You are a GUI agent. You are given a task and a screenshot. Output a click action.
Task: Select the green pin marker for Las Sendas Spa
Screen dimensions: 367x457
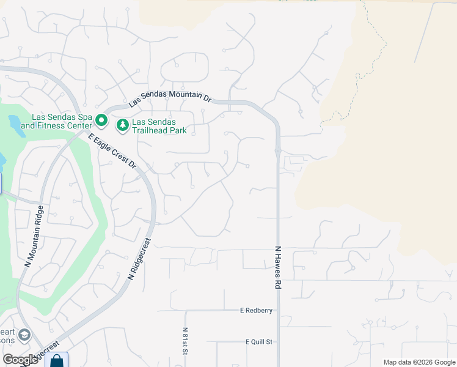coord(101,120)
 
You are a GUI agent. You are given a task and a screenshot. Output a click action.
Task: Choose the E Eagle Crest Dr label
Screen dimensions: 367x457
coord(112,150)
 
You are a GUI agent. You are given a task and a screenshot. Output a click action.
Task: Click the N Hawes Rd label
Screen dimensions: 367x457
coord(278,268)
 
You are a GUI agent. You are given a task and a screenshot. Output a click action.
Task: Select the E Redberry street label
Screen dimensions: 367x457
coord(256,311)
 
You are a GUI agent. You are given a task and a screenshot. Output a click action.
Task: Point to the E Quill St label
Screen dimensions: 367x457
coord(258,342)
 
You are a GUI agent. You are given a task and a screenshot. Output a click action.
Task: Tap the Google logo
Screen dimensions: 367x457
coord(20,360)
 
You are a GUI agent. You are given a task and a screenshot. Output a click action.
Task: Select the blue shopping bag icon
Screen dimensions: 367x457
coord(56,360)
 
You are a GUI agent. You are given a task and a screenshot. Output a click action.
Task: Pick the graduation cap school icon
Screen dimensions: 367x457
coord(24,335)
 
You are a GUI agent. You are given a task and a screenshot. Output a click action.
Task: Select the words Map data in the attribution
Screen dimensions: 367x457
coord(398,362)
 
